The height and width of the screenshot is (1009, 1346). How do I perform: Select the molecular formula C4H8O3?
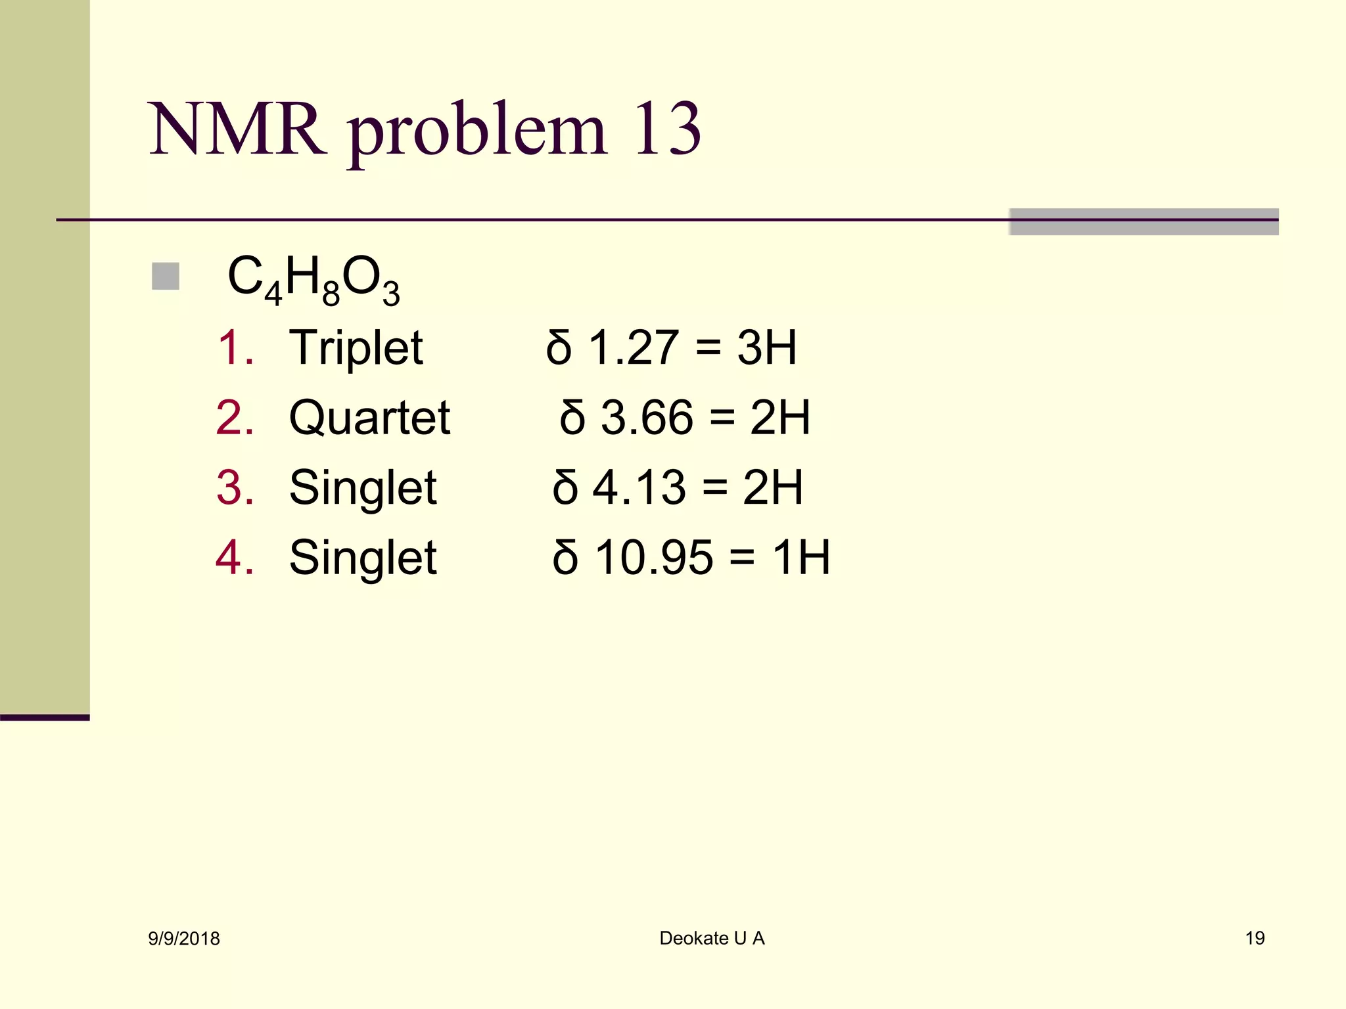313,280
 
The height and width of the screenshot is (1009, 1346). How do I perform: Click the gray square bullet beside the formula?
166,277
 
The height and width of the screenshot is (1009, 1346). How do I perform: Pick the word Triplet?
356,348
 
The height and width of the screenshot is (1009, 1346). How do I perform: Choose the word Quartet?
369,418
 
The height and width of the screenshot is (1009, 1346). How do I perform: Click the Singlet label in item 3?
363,488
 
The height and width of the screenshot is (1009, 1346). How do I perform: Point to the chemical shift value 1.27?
634,348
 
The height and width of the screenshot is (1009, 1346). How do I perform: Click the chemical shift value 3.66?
647,418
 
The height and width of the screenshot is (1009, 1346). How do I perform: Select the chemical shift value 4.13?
639,488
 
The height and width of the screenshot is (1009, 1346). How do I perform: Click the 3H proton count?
767,348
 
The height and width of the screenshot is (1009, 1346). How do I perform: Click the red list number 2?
233,418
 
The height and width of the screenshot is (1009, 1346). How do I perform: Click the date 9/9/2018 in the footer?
184,939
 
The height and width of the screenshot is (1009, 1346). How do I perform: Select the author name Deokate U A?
712,938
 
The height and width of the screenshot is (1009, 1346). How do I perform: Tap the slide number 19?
1255,938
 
